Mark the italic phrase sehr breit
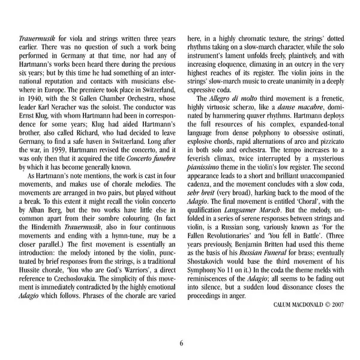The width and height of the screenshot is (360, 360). [202, 206]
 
